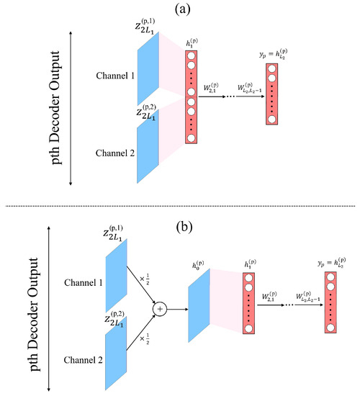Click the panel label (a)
click(182, 9)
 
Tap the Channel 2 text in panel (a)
click(117, 151)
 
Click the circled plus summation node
click(160, 308)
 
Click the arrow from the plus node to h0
click(176, 308)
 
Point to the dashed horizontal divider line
click(180, 209)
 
